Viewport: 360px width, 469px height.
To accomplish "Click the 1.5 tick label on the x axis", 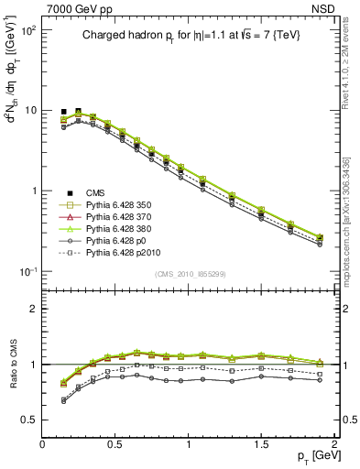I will pyautogui.click(x=262, y=444).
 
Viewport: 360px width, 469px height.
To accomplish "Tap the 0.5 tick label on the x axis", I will pyautogui.click(x=115, y=444).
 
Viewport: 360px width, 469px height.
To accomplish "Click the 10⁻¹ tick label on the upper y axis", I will pyautogui.click(x=27, y=272).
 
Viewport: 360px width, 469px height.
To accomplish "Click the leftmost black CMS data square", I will pyautogui.click(x=64, y=112).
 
